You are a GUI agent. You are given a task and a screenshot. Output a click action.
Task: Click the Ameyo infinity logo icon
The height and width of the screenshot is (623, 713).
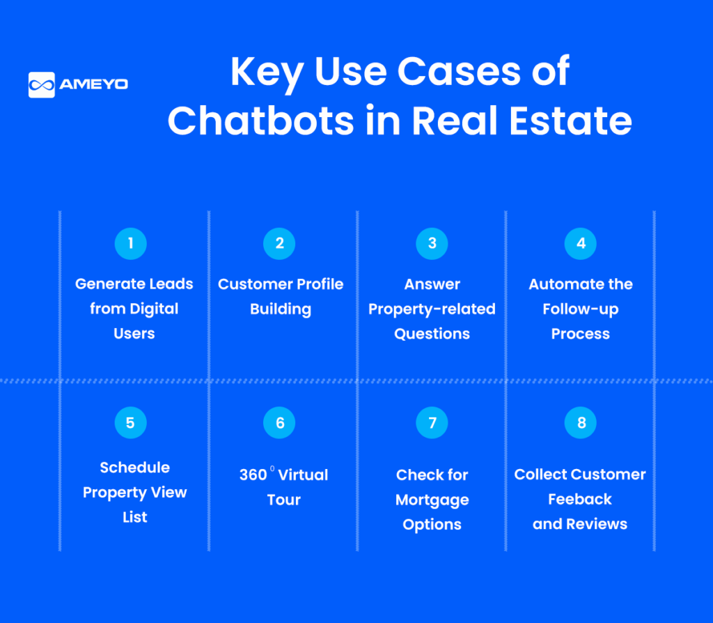click(x=41, y=84)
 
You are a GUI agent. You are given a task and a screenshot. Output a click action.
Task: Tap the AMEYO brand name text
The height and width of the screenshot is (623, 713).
click(x=94, y=84)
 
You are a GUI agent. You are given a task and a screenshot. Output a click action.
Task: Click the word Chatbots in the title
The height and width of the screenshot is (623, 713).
click(x=260, y=121)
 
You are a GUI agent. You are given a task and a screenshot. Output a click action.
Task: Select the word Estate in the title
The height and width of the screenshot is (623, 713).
click(x=571, y=121)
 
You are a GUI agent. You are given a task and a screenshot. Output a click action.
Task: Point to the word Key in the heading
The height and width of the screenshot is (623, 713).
click(x=267, y=72)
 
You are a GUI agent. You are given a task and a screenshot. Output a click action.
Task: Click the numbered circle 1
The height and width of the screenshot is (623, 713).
click(x=130, y=243)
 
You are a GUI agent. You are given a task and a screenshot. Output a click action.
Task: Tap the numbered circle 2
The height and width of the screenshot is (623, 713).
click(x=279, y=243)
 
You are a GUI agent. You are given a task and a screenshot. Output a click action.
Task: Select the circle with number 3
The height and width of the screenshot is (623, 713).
click(x=432, y=243)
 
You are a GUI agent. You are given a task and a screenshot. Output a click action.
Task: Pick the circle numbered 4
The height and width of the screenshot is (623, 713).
click(x=581, y=243)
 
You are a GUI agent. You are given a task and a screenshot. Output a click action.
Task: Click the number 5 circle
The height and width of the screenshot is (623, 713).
click(x=130, y=423)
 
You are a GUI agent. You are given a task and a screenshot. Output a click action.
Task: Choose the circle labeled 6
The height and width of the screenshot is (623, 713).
click(x=279, y=423)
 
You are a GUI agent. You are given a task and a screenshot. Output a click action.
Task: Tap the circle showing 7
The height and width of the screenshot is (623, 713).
click(x=432, y=423)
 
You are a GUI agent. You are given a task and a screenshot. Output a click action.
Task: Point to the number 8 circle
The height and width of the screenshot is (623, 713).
click(x=581, y=423)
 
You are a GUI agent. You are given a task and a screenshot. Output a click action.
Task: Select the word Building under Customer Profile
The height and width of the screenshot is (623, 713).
click(x=281, y=309)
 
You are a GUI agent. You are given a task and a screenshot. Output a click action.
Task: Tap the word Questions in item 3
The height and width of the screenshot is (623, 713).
click(x=432, y=334)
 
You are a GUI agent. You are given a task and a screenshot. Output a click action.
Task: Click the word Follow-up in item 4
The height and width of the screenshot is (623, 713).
click(x=581, y=309)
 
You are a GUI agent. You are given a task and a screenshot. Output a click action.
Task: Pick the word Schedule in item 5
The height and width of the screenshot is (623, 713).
click(x=134, y=468)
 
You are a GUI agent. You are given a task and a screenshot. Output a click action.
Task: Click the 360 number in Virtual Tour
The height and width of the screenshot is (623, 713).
click(x=253, y=475)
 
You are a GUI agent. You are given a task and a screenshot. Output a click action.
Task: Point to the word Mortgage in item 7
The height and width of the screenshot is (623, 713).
click(x=432, y=500)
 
